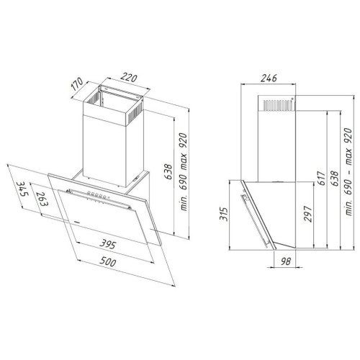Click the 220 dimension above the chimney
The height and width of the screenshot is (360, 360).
pos(129,78)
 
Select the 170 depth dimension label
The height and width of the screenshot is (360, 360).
pos(77,84)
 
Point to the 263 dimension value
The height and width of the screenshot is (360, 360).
pos(42,199)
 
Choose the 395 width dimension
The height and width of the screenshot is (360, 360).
pos(108,244)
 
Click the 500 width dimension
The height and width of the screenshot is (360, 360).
pos(108,261)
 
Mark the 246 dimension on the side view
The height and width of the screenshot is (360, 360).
pos(269,78)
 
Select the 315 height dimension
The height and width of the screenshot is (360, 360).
pos(223,214)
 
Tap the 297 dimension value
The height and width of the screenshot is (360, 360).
pos(307,214)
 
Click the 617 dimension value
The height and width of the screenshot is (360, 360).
pos(321,178)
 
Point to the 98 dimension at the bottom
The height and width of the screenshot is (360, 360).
pos(285,261)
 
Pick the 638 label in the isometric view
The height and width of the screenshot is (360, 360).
pos(168,171)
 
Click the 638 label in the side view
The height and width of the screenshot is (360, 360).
pos(334,178)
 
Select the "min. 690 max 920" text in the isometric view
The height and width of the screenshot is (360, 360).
pos(184,172)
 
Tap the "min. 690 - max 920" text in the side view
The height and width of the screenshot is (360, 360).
pos(348,171)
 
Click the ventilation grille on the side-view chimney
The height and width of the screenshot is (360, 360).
pos(279,104)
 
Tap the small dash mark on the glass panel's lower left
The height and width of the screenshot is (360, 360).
pos(77,222)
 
